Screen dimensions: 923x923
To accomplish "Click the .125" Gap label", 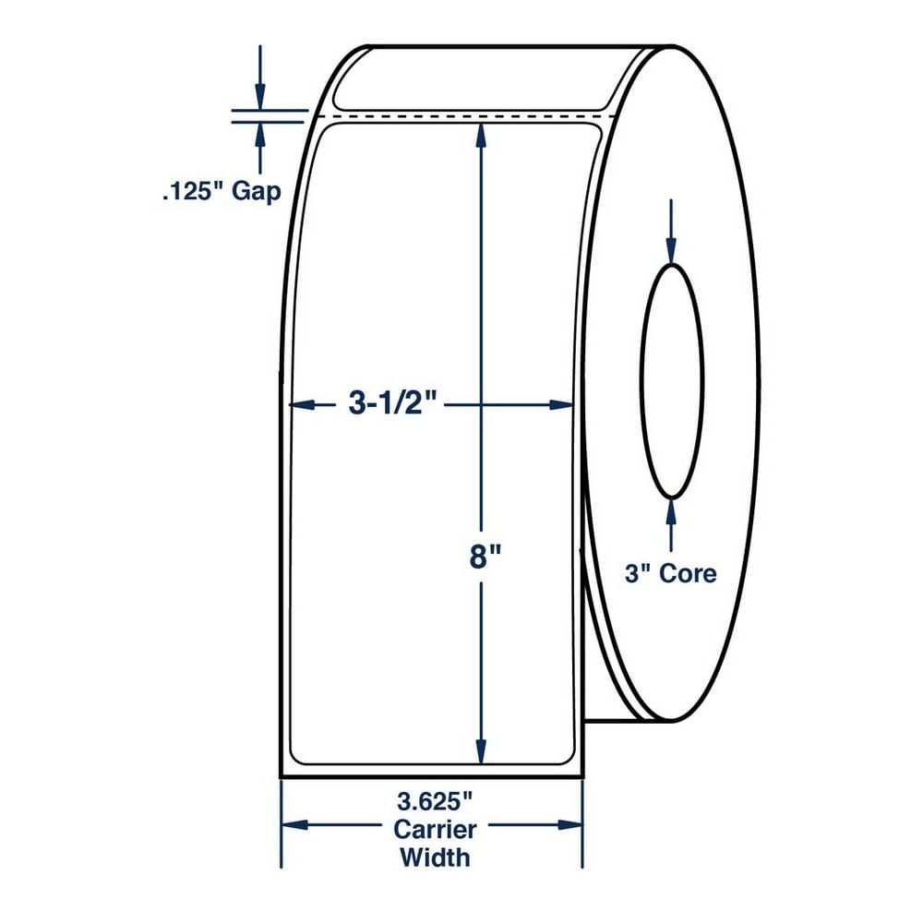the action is [222, 192].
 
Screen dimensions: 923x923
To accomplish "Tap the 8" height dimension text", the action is [485, 557].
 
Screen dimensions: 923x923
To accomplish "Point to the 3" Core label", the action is [670, 573].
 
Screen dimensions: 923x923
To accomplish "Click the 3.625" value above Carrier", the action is [435, 801].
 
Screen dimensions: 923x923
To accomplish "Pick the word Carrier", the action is [435, 830].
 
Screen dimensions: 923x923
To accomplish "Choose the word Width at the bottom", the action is [435, 857].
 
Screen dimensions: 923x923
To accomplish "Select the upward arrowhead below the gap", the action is [259, 136].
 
